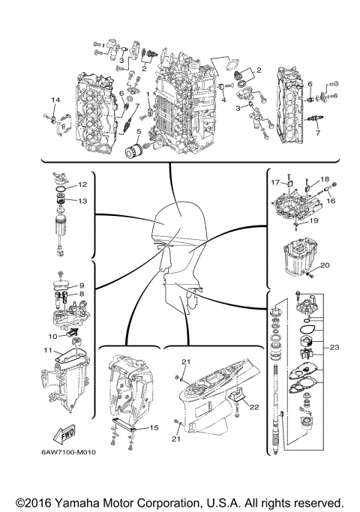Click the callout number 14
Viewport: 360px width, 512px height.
pos(55,100)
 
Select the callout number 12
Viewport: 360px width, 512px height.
pos(83,184)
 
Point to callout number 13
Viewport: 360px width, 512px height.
pos(83,201)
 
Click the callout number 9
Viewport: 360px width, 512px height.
pos(82,286)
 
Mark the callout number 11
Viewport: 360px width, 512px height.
pos(46,350)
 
